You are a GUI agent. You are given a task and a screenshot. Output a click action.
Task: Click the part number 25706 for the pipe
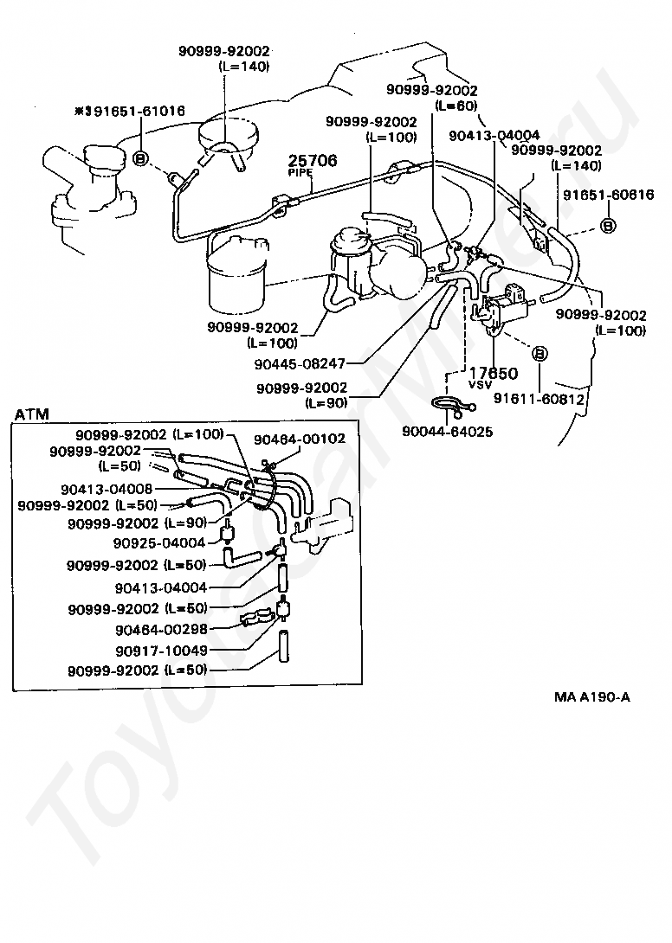point(313,161)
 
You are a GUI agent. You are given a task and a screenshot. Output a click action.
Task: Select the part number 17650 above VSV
point(494,374)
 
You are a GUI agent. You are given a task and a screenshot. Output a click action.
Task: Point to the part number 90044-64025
point(447,431)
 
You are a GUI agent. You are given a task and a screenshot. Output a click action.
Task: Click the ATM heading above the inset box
point(32,414)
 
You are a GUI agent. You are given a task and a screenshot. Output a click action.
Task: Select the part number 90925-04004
point(159,543)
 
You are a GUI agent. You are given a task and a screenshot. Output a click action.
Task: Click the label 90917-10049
point(160,649)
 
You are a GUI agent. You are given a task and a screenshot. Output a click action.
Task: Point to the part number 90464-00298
point(160,629)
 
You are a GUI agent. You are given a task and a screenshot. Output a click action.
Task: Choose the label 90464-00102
point(300,439)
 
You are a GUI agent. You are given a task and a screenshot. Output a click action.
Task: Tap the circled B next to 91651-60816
point(608,225)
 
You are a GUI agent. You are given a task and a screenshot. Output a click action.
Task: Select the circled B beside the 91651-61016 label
point(141,157)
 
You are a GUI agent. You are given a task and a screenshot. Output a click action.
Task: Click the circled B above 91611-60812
point(539,354)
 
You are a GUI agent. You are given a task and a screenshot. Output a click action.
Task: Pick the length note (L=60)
point(456,106)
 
